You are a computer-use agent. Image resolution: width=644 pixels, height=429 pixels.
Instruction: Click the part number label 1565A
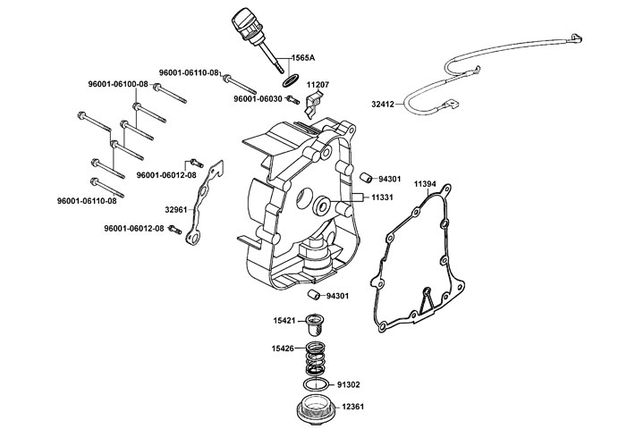(302, 57)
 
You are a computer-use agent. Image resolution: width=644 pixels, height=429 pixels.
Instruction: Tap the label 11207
(319, 84)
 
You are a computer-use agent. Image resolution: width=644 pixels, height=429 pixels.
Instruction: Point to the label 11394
(426, 183)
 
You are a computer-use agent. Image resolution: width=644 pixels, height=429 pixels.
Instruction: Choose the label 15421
(285, 318)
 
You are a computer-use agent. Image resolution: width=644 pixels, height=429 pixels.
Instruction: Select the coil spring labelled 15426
(316, 358)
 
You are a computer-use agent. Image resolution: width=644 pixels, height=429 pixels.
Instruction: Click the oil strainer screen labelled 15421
(314, 322)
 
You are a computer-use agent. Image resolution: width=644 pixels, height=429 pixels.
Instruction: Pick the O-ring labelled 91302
(315, 384)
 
